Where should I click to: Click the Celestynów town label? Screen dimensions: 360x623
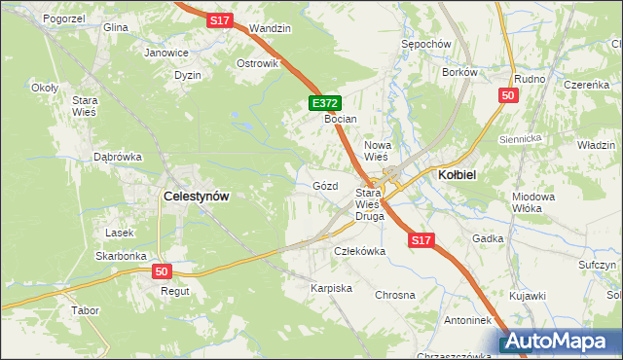coord(197,196)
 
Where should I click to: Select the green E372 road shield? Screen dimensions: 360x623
coord(325,102)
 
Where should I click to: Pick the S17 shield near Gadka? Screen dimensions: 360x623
coord(421,239)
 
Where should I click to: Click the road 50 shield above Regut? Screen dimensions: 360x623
coord(162,271)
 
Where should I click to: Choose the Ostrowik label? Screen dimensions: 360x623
coord(257,63)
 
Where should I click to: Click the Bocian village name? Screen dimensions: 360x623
coord(342,119)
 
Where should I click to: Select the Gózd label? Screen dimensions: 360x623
coord(325,185)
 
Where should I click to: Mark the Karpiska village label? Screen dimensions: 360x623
coord(331,289)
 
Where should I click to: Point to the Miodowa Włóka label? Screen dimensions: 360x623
coord(532,202)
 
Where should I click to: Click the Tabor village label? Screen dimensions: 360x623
coord(86,311)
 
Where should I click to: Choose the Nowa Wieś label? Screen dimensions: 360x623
coord(377,150)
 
